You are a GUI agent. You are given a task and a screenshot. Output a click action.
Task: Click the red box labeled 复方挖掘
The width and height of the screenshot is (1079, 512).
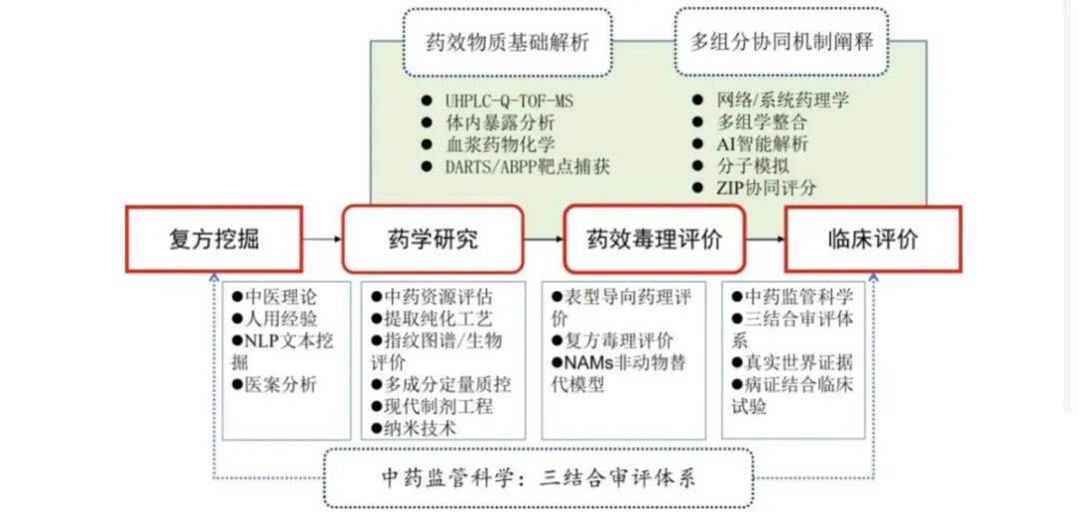(x=214, y=239)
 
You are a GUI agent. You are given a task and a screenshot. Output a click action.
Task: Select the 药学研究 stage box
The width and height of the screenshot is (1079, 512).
(x=433, y=239)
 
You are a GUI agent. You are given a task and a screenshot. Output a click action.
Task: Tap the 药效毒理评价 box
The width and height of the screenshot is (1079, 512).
(x=654, y=239)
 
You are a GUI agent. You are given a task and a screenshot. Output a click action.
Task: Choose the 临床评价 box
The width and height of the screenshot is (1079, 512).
(x=873, y=239)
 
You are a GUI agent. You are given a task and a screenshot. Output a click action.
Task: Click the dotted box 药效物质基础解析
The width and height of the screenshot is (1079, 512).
(x=508, y=42)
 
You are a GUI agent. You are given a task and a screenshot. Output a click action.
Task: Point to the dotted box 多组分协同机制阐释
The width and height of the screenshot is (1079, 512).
(x=781, y=42)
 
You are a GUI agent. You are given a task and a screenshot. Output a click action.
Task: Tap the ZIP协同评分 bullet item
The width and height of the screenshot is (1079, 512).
(x=754, y=188)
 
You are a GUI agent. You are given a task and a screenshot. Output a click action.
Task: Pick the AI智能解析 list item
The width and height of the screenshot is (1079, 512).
(x=750, y=145)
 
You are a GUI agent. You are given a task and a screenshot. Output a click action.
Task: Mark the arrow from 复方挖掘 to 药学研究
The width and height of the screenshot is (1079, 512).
(x=322, y=239)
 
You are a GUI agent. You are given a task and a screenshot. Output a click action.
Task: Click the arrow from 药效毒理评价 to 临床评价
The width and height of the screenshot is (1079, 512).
(x=765, y=239)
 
